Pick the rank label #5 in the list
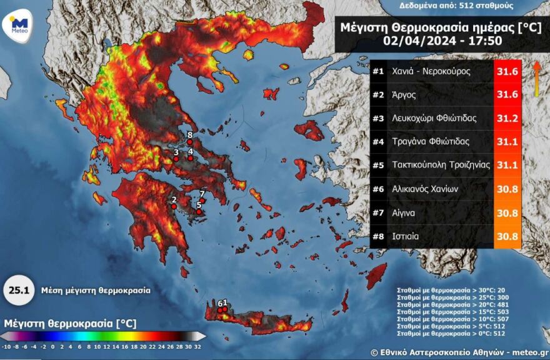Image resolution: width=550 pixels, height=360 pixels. [x=377, y=166]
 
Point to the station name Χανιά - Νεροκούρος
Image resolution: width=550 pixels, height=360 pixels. [x=431, y=71]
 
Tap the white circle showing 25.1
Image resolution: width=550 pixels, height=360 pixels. [x=18, y=291]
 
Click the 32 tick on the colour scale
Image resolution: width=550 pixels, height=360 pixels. [x=198, y=346]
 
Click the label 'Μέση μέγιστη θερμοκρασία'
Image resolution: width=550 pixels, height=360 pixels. [x=96, y=291]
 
